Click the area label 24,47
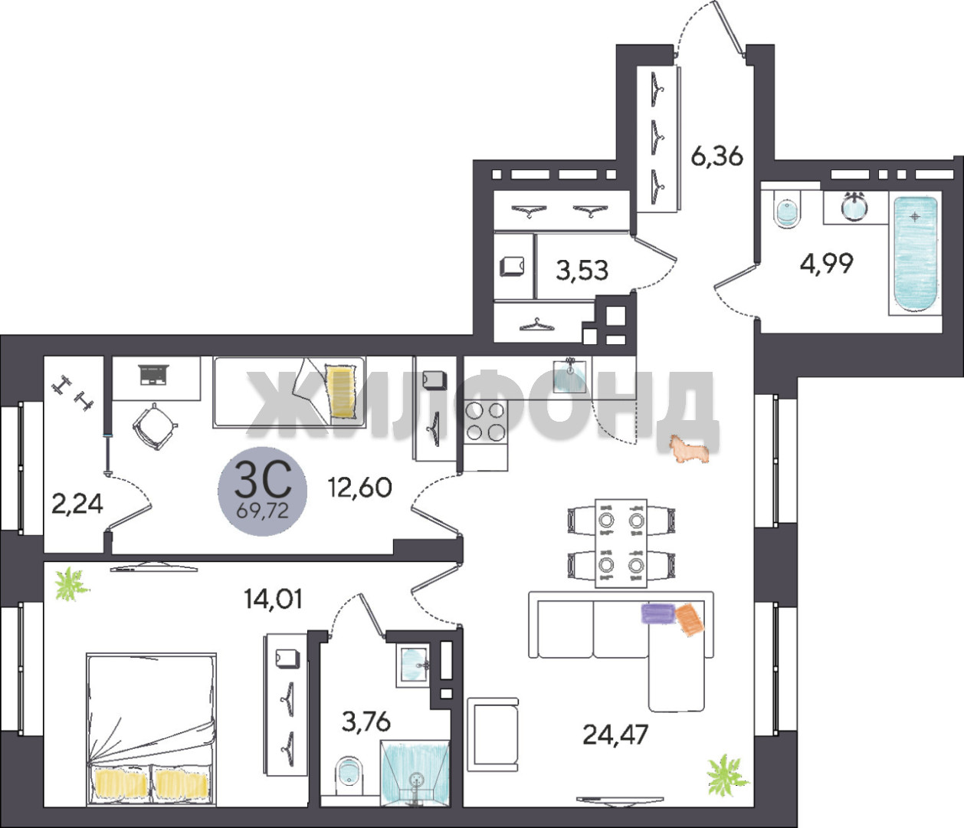tap(615, 734)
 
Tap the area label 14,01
tap(274, 599)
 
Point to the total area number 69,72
tap(263, 511)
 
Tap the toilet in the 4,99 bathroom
tap(788, 214)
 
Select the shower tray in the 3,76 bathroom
tap(415, 772)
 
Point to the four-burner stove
tap(485, 422)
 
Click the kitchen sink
tap(569, 376)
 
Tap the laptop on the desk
tap(153, 375)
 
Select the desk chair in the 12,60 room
tap(156, 426)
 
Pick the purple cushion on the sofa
tap(658, 613)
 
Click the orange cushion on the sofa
tap(690, 619)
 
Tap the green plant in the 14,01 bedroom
tap(71, 583)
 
